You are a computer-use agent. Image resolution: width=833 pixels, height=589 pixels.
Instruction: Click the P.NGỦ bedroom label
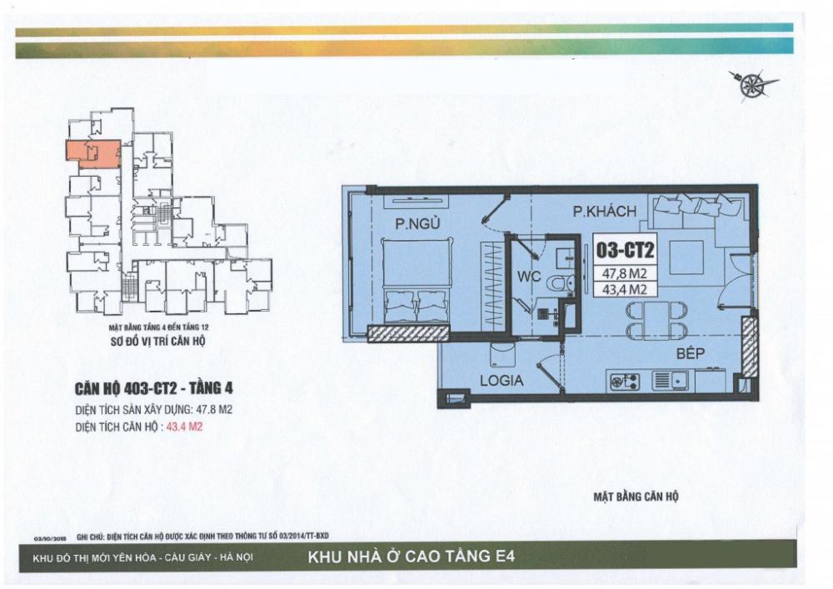click(x=417, y=224)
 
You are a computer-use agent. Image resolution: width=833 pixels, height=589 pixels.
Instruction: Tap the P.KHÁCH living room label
click(x=605, y=212)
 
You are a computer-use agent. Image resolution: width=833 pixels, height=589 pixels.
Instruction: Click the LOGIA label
click(x=501, y=381)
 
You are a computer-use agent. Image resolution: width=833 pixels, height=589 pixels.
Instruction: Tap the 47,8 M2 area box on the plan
click(x=624, y=272)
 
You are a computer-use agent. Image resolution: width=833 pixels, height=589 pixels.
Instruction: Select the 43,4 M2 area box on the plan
click(x=624, y=289)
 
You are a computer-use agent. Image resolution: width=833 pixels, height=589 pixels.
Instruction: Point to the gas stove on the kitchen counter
click(x=622, y=382)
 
